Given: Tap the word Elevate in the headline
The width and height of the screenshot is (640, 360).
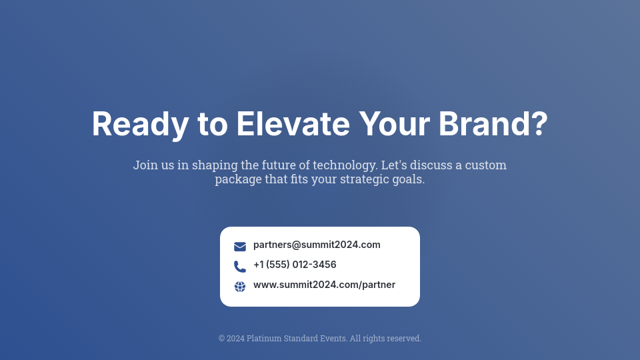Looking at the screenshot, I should pyautogui.click(x=293, y=125).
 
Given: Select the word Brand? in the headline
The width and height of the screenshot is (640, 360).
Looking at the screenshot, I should pyautogui.click(x=493, y=125).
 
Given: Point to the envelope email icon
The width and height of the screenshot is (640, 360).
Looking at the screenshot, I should pyautogui.click(x=240, y=247).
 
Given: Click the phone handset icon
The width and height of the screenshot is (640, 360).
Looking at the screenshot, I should pyautogui.click(x=240, y=267).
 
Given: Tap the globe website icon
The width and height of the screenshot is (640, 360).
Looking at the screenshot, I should pyautogui.click(x=240, y=287).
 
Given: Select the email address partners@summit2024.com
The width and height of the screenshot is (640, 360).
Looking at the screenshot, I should pyautogui.click(x=317, y=245).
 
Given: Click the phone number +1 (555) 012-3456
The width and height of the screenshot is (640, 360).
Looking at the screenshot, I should pyautogui.click(x=295, y=265).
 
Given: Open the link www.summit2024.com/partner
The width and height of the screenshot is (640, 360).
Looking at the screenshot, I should pyautogui.click(x=324, y=285).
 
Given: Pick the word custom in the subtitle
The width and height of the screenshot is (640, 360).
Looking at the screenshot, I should pyautogui.click(x=485, y=165).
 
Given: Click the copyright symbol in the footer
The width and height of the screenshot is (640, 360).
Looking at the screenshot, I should pyautogui.click(x=221, y=339).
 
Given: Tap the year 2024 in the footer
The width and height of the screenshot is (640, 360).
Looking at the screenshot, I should pyautogui.click(x=235, y=339).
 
